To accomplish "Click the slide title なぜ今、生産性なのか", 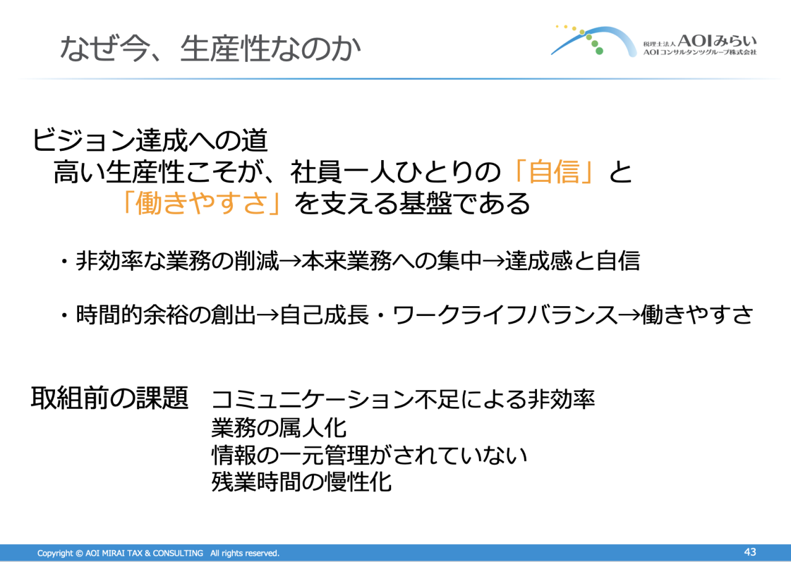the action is pyautogui.click(x=211, y=48).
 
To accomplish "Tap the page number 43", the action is pyautogui.click(x=750, y=552).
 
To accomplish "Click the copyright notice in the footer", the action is pyautogui.click(x=158, y=553).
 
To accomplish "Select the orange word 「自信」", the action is pyautogui.click(x=553, y=172).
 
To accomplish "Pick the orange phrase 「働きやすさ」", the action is pyautogui.click(x=202, y=203).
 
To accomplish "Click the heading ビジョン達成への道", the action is pyautogui.click(x=150, y=140).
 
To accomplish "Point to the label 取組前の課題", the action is pyautogui.click(x=110, y=398).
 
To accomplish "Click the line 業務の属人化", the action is pyautogui.click(x=279, y=428).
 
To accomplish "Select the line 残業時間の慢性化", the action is pyautogui.click(x=301, y=482).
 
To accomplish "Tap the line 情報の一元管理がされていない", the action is pyautogui.click(x=370, y=454).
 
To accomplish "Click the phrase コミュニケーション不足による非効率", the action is pyautogui.click(x=403, y=399).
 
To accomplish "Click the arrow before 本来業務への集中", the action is pyautogui.click(x=290, y=262).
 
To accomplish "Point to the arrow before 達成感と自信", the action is pyautogui.click(x=493, y=262).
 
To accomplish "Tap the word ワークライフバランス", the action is pyautogui.click(x=505, y=315).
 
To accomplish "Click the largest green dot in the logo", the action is pyautogui.click(x=599, y=51).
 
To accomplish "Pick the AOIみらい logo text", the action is pyautogui.click(x=717, y=41).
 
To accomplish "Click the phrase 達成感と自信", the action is pyautogui.click(x=572, y=261).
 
